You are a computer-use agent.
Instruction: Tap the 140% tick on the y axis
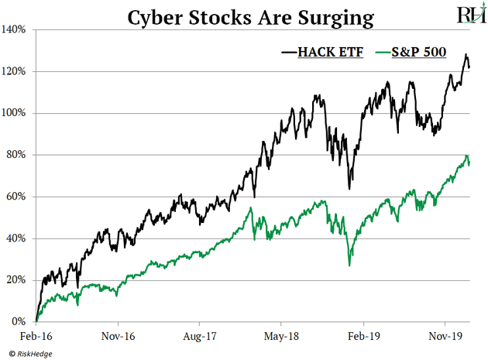coord(15,29)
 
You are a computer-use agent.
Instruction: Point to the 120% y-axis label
coord(15,71)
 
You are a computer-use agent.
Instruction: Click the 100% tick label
coord(15,113)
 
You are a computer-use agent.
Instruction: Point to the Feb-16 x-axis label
coord(36,338)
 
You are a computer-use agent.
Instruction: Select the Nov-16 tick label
coord(118,338)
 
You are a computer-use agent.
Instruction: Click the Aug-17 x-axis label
coord(199,338)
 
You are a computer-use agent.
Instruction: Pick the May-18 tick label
coord(281,338)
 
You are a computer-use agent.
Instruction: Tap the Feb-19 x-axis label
coord(363,338)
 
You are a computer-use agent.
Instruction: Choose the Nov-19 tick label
coord(445,338)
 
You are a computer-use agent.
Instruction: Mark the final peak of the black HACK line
coord(466,55)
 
